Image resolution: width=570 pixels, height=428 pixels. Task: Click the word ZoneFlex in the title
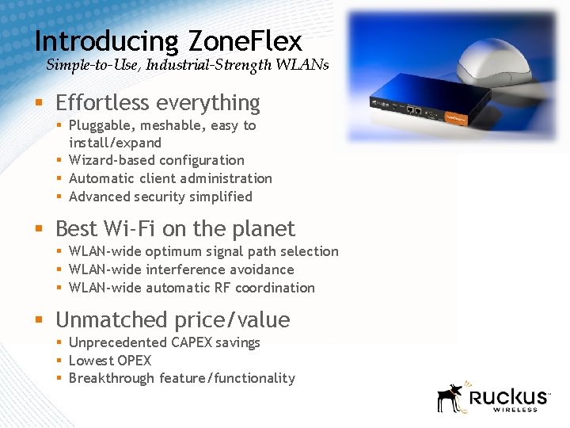(x=245, y=41)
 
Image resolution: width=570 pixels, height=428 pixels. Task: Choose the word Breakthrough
(x=112, y=379)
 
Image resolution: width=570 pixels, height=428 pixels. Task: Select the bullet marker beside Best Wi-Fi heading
(x=39, y=230)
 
